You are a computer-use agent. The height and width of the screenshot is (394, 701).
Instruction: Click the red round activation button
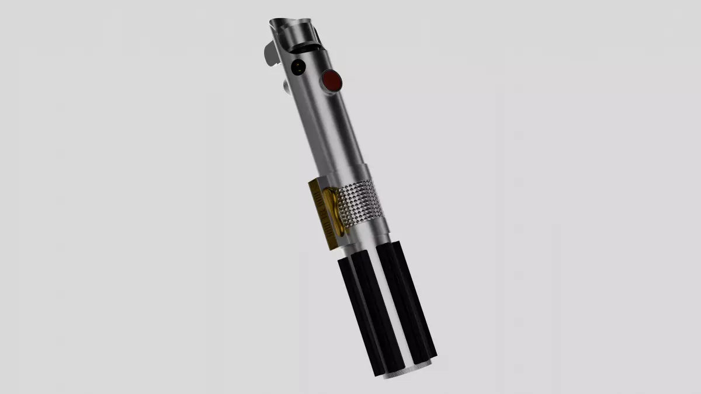pos(332,80)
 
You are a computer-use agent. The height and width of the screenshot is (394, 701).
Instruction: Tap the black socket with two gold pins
pos(299,67)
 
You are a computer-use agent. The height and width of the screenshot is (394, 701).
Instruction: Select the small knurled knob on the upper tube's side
pos(287,87)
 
